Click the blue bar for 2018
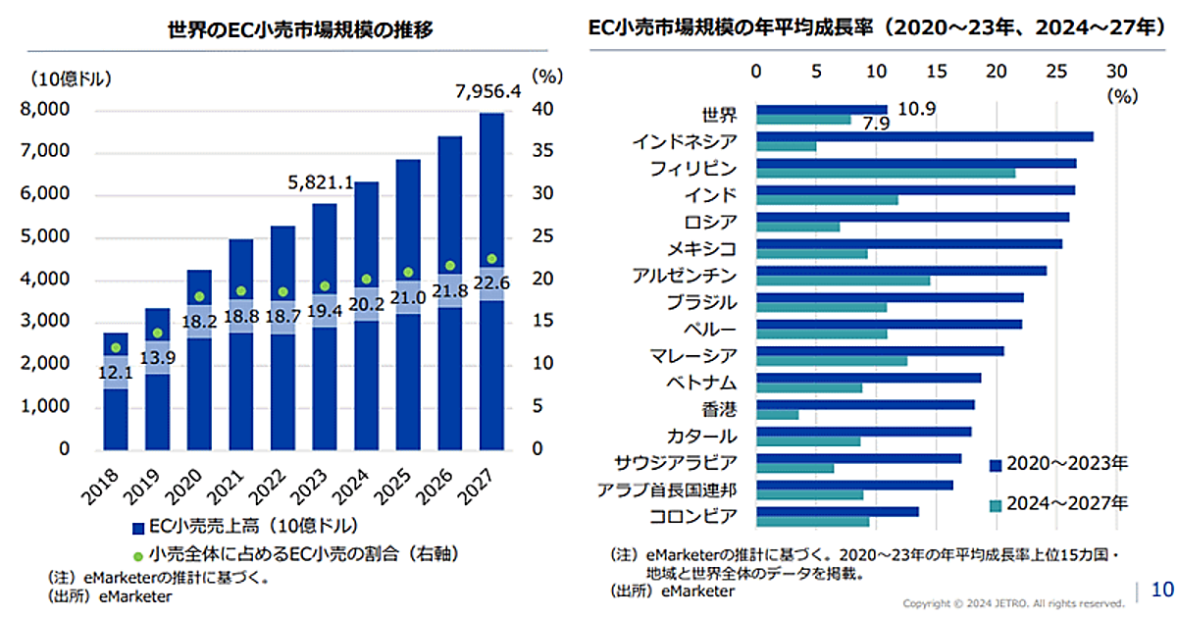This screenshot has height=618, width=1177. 116,392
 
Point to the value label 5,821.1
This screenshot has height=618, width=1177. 322,182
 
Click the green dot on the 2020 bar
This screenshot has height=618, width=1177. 200,296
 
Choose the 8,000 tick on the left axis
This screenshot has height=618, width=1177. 45,110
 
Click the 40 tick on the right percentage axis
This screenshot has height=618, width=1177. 544,110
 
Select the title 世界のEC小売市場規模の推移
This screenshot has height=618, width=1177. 300,29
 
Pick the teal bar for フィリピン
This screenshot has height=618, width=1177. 886,173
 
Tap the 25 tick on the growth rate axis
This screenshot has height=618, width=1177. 1056,71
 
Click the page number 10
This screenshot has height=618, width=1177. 1161,590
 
